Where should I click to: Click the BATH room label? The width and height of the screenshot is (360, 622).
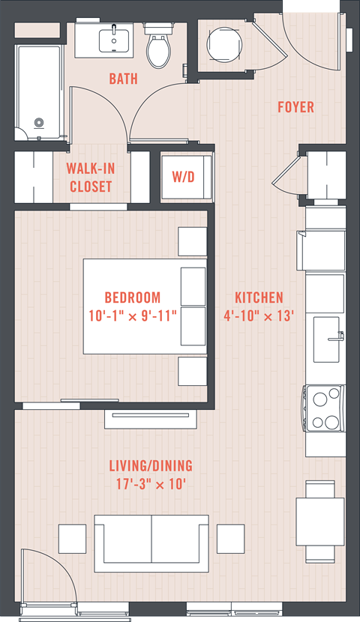(x=124, y=79)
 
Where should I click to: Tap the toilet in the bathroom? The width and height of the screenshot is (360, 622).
(x=158, y=45)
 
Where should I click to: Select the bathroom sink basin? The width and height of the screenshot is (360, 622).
(x=114, y=40)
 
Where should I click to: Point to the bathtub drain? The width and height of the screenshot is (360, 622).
(x=38, y=123)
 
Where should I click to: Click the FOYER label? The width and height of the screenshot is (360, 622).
(x=295, y=106)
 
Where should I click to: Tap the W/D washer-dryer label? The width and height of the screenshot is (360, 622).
(x=183, y=177)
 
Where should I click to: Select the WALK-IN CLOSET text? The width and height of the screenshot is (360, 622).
(x=91, y=178)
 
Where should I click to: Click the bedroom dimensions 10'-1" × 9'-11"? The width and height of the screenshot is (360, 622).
(x=133, y=316)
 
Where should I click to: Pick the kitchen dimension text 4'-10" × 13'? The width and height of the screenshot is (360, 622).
(x=259, y=316)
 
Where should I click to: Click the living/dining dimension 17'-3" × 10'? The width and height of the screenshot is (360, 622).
(x=151, y=484)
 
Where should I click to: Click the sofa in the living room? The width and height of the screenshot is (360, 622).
(x=151, y=543)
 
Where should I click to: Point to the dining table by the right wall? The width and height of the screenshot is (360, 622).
(x=320, y=522)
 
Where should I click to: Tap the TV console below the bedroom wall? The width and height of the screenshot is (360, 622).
(x=151, y=419)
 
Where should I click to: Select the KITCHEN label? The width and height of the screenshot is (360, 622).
(x=259, y=298)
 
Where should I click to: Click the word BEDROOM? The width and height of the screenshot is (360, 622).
(x=133, y=298)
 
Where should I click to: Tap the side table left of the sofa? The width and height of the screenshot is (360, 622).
(x=72, y=539)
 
